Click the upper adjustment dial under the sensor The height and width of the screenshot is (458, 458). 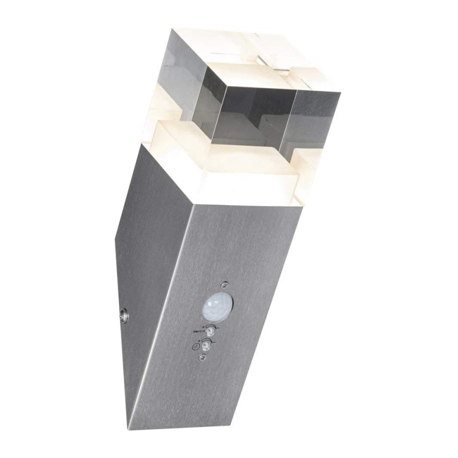pos(211,330)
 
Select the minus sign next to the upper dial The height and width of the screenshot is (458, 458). pos(217,328)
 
